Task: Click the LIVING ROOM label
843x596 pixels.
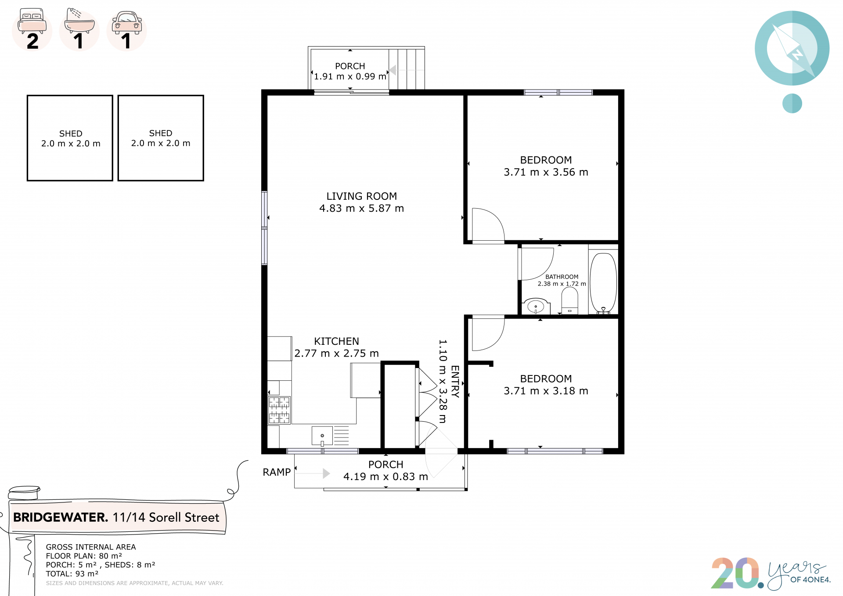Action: (361, 196)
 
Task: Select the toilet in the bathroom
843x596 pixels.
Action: (569, 300)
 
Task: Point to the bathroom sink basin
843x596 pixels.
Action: (536, 307)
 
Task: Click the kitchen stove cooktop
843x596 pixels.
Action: (279, 410)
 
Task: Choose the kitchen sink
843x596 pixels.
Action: (322, 436)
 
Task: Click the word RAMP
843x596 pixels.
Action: (277, 472)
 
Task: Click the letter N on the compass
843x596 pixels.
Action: (797, 54)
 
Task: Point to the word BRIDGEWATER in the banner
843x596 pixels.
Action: (60, 517)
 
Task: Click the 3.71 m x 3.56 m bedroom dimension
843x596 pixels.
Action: (546, 172)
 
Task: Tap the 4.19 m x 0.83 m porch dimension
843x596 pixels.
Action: (385, 477)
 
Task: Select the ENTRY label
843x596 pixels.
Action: (455, 381)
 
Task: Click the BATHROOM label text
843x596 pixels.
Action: (562, 277)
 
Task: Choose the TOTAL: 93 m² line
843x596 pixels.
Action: (72, 574)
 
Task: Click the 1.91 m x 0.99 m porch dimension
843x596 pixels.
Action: (350, 76)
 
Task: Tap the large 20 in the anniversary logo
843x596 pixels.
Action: (736, 573)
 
